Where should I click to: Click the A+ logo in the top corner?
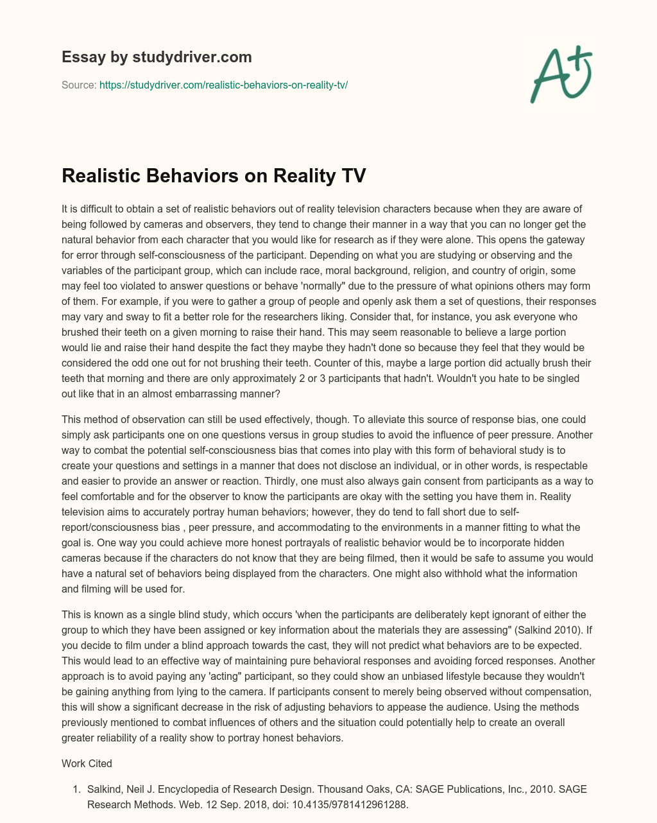click(x=561, y=74)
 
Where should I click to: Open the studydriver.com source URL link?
click(x=223, y=85)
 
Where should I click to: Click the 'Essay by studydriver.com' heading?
click(x=157, y=57)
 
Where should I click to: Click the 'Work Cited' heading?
click(x=87, y=763)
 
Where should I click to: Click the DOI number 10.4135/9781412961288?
click(x=351, y=804)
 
